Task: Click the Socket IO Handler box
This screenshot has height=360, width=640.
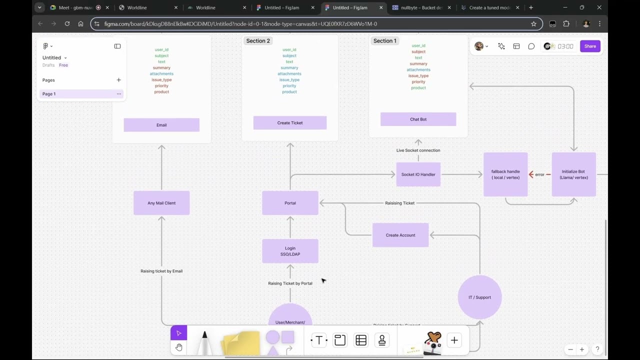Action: coord(418,174)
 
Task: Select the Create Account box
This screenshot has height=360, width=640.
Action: coord(400,235)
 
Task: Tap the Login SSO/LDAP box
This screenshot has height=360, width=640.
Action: coord(290,251)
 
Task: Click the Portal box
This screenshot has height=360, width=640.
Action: coord(290,203)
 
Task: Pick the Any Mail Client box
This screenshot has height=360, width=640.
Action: coord(161,203)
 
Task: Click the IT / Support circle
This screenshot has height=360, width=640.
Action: coord(479,297)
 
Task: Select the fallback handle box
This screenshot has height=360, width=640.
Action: coord(505,174)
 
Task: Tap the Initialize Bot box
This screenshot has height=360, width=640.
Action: coord(573,174)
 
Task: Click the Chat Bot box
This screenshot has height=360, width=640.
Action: coord(418,119)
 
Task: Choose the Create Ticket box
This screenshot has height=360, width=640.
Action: coord(290,123)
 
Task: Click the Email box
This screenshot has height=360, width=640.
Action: coord(161,125)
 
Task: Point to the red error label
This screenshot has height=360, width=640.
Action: coord(539,174)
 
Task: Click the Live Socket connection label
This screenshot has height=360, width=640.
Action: coord(418,150)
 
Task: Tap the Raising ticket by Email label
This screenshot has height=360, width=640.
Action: coord(161,271)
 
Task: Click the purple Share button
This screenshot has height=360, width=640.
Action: coord(590,46)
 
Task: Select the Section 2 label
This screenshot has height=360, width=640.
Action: coord(258,41)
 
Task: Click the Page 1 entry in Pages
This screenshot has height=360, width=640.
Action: coord(49,94)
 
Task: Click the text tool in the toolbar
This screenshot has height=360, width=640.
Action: coord(319,340)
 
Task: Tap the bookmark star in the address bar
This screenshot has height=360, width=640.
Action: coord(533,24)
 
